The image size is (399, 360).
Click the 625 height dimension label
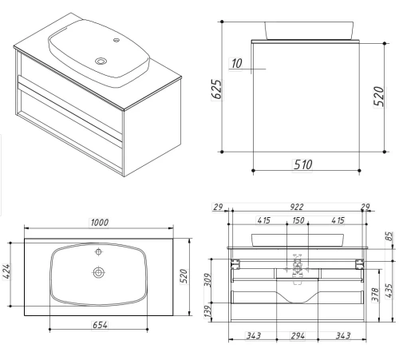tap(218, 89)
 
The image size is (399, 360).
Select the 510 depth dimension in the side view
tap(302, 164)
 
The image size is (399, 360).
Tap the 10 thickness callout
tap(236, 64)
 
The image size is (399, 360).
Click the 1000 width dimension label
tap(100, 223)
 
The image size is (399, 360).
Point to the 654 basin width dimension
tap(100, 325)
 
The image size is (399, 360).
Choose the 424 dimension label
tap(6, 271)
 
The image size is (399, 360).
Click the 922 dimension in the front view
tap(296, 207)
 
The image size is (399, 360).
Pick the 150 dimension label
tap(298, 220)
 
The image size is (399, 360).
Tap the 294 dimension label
tap(298, 336)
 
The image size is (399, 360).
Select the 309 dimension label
tap(208, 280)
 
